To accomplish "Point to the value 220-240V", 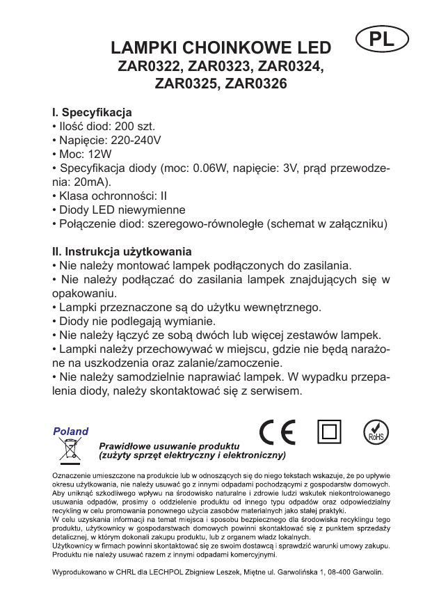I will click(137, 140).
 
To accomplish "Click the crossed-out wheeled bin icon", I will click(70, 450).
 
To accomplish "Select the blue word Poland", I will click(71, 432).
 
